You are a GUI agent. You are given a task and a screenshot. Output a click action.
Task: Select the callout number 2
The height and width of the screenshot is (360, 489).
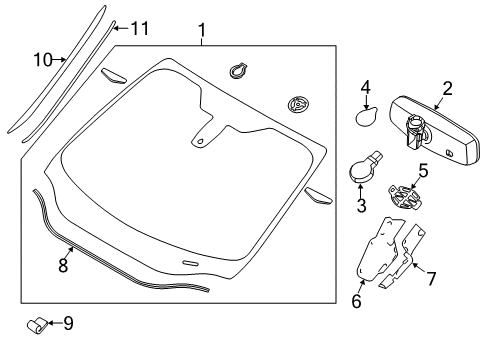click(x=448, y=89)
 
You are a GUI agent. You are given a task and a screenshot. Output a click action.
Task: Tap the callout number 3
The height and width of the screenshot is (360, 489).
click(x=361, y=207)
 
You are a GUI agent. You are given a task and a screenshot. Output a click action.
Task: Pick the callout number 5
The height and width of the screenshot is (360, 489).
click(x=422, y=170)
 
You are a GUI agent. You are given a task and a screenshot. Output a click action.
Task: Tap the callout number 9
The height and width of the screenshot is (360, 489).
click(x=68, y=323)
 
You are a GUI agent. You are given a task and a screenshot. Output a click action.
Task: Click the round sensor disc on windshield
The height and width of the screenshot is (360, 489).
click(x=297, y=103)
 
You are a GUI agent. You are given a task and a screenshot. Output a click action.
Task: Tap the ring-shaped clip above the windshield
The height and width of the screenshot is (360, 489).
click(x=239, y=70)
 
